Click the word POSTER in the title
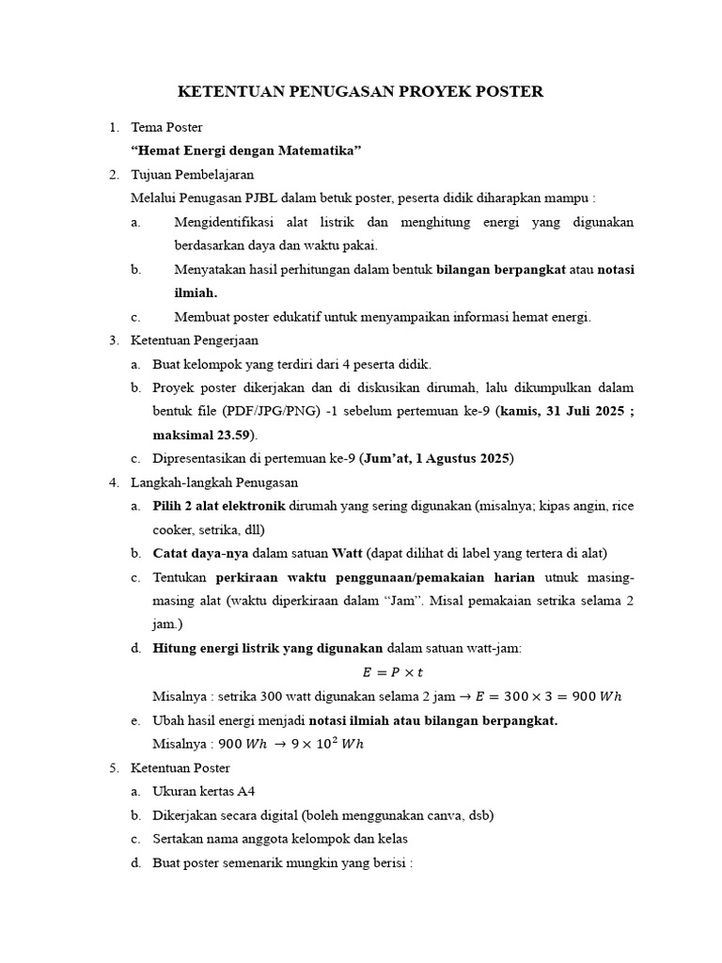pyautogui.click(x=506, y=91)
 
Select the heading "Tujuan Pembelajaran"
pyautogui.click(x=193, y=175)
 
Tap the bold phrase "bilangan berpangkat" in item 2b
pyautogui.click(x=500, y=270)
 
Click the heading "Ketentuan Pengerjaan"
pyautogui.click(x=194, y=340)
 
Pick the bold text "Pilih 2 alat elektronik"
pyautogui.click(x=218, y=507)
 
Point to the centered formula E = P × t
pyautogui.click(x=394, y=672)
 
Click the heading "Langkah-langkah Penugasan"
pyautogui.click(x=214, y=482)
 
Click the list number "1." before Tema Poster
pyautogui.click(x=114, y=127)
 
